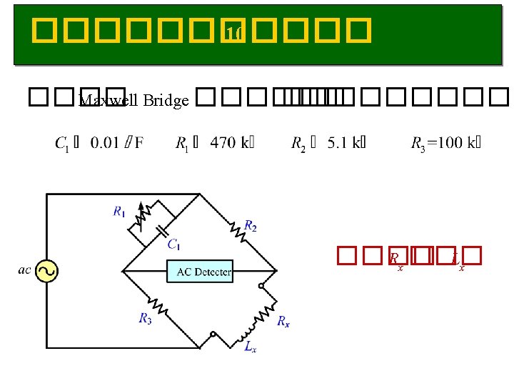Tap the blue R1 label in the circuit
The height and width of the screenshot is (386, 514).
[x=119, y=211]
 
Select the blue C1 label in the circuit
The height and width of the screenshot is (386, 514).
[x=173, y=244]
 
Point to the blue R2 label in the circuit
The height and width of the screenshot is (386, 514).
[x=251, y=226]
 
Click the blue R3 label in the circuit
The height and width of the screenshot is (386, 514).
[x=146, y=318]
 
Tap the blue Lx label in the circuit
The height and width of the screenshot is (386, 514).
[x=250, y=347]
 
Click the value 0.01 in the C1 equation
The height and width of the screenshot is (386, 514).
[x=106, y=143]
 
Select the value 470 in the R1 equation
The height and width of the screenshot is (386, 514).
[x=224, y=143]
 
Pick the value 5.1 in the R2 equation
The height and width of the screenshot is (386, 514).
[x=338, y=143]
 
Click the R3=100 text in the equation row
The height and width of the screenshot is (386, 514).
[x=438, y=143]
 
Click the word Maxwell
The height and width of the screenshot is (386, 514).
[x=109, y=100]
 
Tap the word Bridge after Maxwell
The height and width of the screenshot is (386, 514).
[x=166, y=100]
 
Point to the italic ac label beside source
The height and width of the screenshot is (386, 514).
[x=25, y=270]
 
